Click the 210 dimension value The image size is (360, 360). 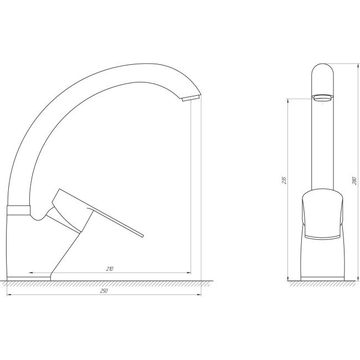click(110, 269)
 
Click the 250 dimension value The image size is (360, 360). click(104, 291)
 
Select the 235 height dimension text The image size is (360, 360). click(285, 180)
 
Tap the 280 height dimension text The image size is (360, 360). click(354, 181)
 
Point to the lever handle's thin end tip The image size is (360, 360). click(143, 236)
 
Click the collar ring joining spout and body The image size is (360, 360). click(19, 210)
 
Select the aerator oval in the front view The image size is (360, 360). click(322, 97)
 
